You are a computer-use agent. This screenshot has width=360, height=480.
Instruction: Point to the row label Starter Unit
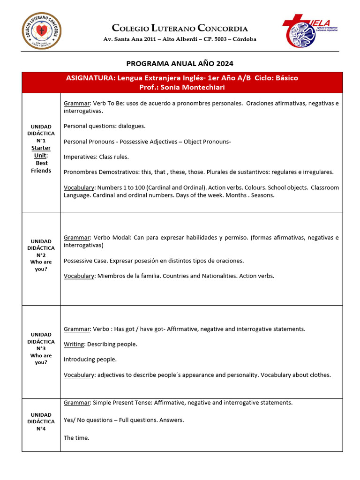(41, 151)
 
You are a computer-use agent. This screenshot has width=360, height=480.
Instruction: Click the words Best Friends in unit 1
(41, 167)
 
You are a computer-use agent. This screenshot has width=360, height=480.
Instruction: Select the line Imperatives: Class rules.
(96, 157)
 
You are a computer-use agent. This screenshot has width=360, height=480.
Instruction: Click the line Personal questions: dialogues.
(105, 126)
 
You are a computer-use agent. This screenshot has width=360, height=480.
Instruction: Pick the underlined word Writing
(74, 344)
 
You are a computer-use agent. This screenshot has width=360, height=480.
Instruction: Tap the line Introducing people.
(90, 360)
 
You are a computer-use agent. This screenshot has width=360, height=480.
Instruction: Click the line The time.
(76, 438)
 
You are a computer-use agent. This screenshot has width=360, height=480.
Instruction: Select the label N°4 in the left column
(41, 428)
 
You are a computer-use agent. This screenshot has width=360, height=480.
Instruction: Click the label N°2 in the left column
(41, 255)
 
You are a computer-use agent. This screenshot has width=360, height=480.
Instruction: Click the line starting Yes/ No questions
(124, 420)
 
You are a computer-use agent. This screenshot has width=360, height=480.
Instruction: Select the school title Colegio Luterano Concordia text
(180, 29)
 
